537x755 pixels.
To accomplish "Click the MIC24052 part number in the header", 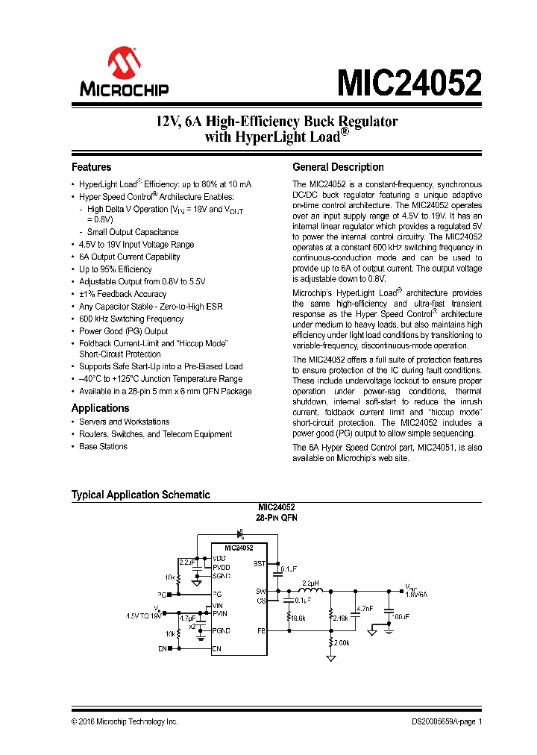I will (409, 83).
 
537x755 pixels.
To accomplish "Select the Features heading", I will (91, 167).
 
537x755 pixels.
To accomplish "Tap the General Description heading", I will (338, 167).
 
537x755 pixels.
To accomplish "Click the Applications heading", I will (100, 408).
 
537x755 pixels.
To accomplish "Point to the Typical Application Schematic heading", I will (140, 495).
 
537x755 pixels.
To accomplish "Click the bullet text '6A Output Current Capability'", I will (130, 257).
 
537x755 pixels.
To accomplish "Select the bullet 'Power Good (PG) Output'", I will (123, 330).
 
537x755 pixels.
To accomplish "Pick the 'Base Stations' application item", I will (103, 446).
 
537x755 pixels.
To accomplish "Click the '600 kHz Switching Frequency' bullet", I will (131, 319).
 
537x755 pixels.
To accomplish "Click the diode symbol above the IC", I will (241, 533).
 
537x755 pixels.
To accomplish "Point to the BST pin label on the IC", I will (260, 563).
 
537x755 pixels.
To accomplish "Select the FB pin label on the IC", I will (262, 630).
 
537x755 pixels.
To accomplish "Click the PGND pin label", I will (222, 630).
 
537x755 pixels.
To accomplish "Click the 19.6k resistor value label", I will (298, 618).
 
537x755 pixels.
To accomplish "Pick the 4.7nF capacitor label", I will (365, 609).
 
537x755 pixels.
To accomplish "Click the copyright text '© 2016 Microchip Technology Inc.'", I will (125, 722).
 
